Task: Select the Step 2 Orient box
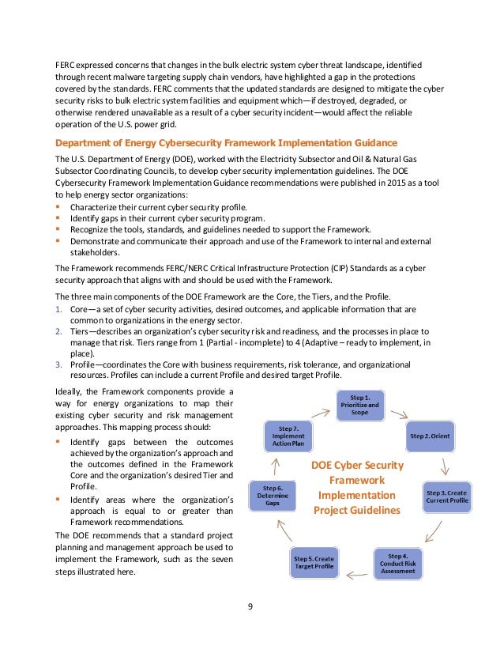[x=430, y=435]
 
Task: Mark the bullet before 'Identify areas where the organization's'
[x=58, y=500]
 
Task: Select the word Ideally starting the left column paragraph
[x=69, y=393]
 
